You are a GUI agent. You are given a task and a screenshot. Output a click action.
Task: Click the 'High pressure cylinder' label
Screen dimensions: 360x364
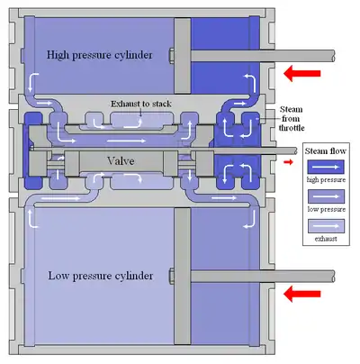click(99, 55)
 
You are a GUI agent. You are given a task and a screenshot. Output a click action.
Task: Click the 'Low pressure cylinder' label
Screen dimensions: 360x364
click(101, 276)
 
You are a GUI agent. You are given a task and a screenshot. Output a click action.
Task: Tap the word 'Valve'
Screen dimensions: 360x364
click(121, 161)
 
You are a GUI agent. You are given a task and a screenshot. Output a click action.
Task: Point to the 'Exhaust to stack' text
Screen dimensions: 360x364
click(141, 104)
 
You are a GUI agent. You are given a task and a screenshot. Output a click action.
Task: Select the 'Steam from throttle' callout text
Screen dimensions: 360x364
click(291, 118)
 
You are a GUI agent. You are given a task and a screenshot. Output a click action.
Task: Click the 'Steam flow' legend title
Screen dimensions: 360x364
click(326, 150)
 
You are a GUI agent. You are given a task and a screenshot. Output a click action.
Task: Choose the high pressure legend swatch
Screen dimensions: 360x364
click(326, 167)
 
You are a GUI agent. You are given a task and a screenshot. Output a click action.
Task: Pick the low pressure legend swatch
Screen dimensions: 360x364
click(326, 196)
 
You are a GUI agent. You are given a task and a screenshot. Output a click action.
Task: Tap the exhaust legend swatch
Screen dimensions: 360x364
click(326, 226)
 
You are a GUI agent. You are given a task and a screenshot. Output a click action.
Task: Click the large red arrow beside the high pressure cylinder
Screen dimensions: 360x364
click(301, 73)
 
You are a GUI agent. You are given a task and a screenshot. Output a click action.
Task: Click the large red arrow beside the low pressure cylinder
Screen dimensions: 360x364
click(301, 294)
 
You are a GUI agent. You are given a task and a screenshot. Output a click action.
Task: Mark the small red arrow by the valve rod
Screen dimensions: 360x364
click(288, 162)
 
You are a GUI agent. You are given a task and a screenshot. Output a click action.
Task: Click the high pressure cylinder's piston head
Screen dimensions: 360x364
click(183, 56)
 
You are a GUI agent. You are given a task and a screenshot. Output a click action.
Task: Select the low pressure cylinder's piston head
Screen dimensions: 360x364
click(183, 277)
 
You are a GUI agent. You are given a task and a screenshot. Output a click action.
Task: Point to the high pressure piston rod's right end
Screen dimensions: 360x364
click(334, 56)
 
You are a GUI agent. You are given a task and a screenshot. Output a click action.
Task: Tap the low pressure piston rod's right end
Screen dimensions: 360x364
click(334, 277)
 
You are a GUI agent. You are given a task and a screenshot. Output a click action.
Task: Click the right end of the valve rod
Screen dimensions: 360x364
click(296, 150)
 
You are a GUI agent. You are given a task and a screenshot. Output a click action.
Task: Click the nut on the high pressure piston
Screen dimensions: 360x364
click(172, 56)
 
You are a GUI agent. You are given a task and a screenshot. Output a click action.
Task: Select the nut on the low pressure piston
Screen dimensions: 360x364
click(172, 277)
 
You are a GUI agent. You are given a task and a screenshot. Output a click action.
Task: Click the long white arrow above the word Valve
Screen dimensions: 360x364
click(126, 141)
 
